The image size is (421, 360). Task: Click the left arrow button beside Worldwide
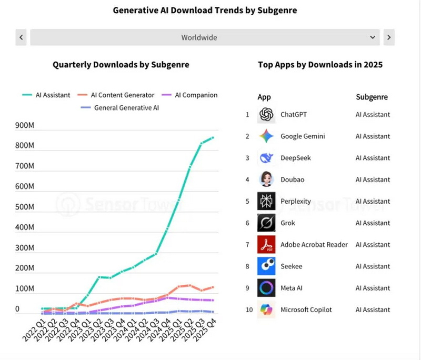coord(21,37)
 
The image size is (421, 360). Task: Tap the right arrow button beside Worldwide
coord(389,37)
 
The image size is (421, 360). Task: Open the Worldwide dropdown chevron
coord(373,37)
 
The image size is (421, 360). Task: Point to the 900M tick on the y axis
coord(25,125)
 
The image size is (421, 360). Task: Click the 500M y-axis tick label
coord(25,207)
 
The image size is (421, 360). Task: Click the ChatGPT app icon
coord(266,115)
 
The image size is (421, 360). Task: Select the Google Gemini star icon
coord(266,136)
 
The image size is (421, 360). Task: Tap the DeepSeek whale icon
coord(266,158)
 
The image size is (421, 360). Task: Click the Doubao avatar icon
coord(266,179)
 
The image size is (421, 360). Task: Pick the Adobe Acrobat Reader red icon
coord(266,245)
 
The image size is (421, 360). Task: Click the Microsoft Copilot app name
coord(306,309)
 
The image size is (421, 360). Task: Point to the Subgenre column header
coord(372,97)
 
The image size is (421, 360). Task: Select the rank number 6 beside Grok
coord(247,223)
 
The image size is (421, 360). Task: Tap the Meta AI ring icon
coord(266,288)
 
